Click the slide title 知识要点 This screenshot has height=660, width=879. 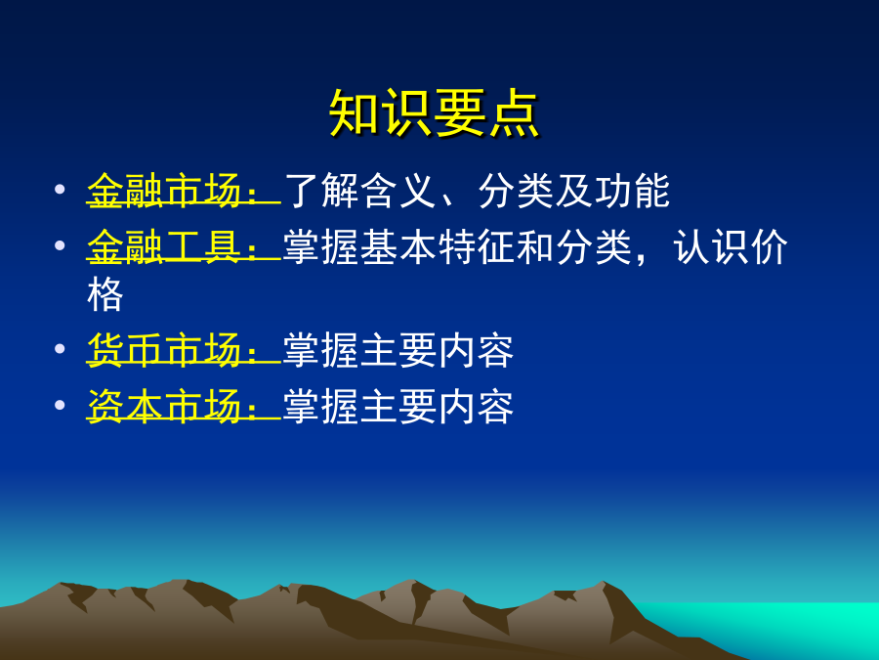coord(434,114)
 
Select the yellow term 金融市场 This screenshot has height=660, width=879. coord(164,191)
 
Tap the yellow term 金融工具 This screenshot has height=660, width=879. coord(164,247)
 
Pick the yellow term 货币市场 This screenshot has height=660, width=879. coord(164,350)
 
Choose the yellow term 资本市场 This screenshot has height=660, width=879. coord(164,407)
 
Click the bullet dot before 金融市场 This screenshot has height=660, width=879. coord(60,189)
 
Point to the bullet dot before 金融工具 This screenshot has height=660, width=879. coord(60,245)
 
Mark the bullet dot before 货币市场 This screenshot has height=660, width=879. coord(60,348)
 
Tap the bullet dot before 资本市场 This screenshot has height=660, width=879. coord(60,405)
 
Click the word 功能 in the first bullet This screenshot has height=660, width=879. coord(632,191)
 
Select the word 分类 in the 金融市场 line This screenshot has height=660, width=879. coord(516,191)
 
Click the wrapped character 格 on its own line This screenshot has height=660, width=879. coord(105,294)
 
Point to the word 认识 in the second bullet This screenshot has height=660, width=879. coord(711,247)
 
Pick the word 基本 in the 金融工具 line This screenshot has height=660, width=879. coord(398,247)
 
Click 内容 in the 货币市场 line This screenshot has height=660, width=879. coord(476,350)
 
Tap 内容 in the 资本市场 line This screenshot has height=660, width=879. coord(476,407)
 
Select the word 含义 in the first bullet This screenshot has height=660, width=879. coord(398,191)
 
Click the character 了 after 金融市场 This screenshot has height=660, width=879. coord(302,191)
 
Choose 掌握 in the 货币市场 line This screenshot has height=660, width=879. coord(320,350)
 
